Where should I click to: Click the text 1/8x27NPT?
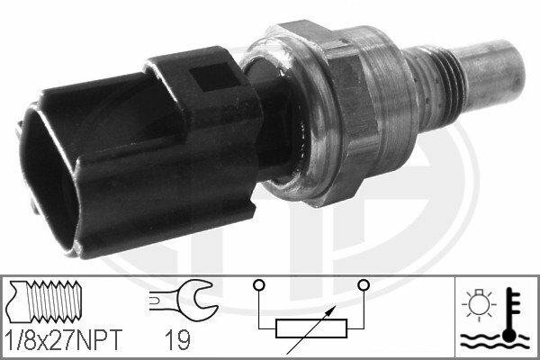[x=64, y=339]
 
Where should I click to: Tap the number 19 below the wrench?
[x=177, y=339]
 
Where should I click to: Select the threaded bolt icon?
[x=43, y=301]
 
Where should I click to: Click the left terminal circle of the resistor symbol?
[x=259, y=285]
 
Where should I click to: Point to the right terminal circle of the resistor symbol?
[x=364, y=285]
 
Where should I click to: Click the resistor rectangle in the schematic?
[x=311, y=328]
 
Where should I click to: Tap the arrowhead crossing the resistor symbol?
[x=330, y=310]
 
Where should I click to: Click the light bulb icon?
[x=479, y=303]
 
